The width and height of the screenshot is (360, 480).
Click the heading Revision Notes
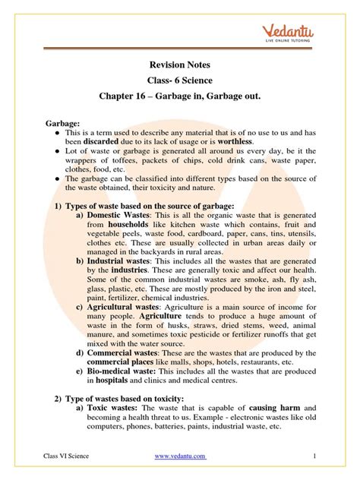point(181,65)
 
